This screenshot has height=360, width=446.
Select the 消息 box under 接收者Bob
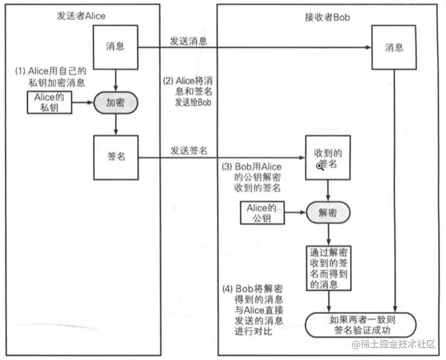pos(394,48)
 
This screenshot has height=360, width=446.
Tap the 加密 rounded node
pos(115,103)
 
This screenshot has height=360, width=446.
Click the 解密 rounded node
pos(328,212)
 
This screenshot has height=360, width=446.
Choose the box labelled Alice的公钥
pos(262,212)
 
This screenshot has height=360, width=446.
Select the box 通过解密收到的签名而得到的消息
pos(328,268)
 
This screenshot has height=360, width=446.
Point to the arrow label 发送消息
pos(189,41)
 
